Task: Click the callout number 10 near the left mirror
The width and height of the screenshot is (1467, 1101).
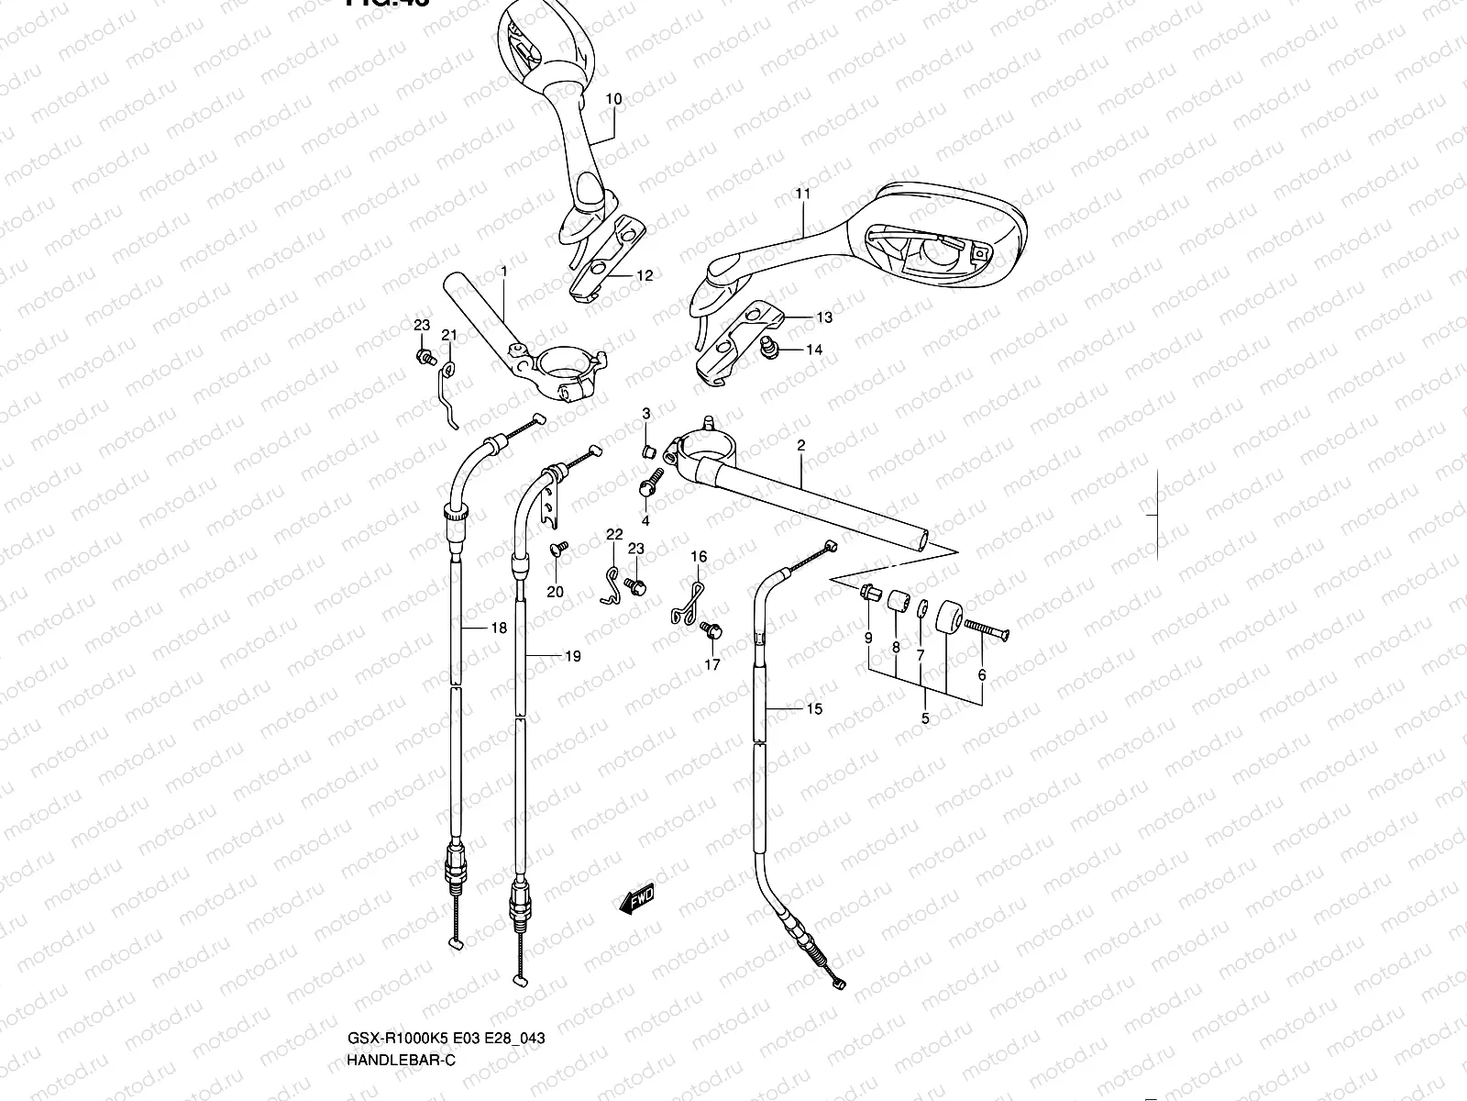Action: (613, 99)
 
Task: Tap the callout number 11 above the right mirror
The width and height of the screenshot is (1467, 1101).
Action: (803, 194)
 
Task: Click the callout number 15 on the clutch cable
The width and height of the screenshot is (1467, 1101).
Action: (813, 708)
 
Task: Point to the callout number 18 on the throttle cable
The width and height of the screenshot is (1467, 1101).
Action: (498, 628)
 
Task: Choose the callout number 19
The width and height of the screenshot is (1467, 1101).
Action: (572, 656)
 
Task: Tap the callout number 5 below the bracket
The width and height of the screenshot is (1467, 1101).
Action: (924, 718)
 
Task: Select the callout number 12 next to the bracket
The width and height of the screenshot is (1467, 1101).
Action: (645, 275)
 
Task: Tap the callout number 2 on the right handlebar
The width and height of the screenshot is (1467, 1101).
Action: (800, 446)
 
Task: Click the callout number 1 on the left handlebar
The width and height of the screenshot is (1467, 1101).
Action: (503, 272)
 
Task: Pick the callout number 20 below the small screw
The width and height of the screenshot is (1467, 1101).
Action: (555, 592)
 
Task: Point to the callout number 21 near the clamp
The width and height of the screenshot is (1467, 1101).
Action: (448, 335)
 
